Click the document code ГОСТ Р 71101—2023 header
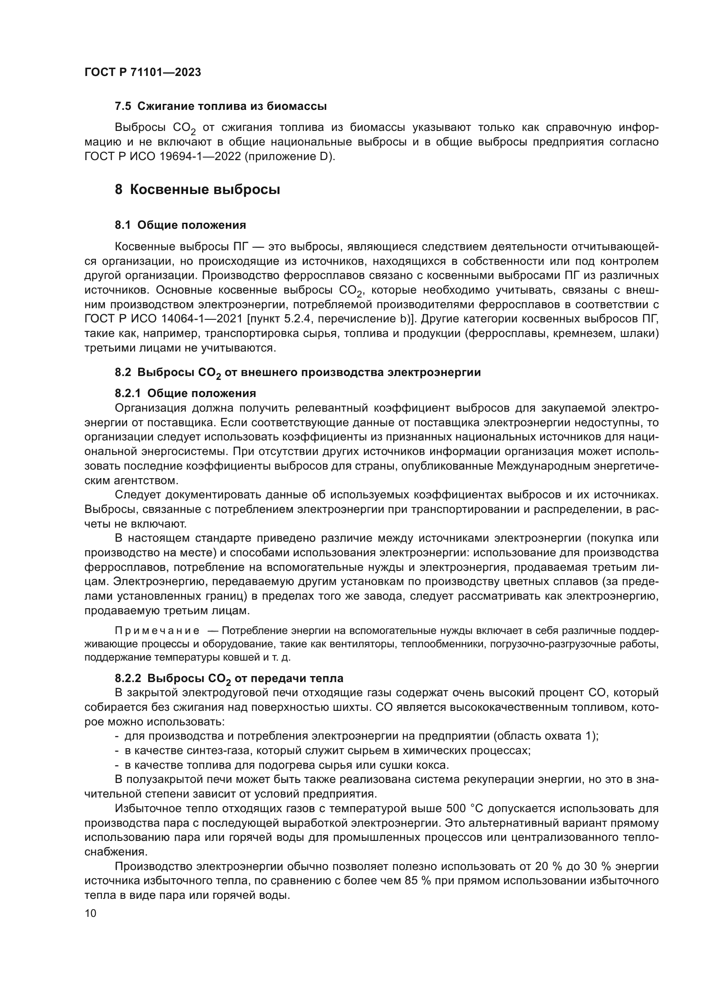[143, 72]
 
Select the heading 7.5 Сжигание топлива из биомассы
[221, 106]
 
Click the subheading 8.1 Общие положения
[180, 225]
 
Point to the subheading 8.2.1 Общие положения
[185, 393]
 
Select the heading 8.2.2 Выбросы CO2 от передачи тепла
[229, 678]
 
